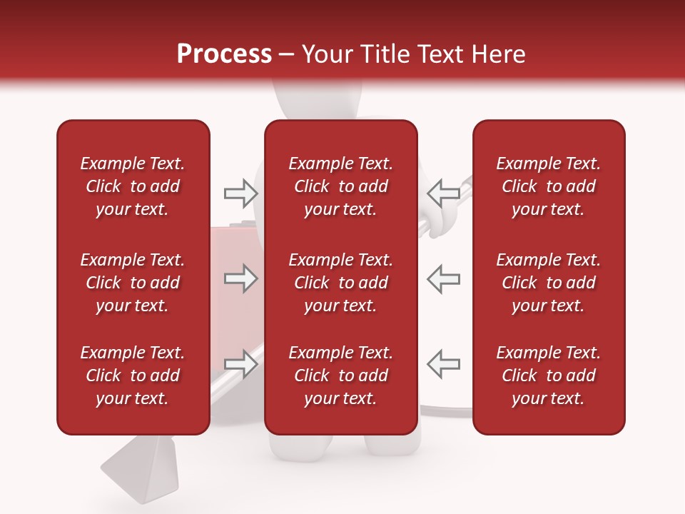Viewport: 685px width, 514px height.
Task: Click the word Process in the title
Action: tap(224, 54)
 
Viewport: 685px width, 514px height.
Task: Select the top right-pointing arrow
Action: tap(240, 193)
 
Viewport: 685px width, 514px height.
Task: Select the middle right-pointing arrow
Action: tap(240, 278)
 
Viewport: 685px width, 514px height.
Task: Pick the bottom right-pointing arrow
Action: tap(240, 364)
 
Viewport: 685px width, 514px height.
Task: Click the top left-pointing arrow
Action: tap(444, 193)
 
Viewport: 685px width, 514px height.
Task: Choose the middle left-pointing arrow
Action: tap(444, 278)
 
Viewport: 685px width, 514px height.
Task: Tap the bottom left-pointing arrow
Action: tap(444, 364)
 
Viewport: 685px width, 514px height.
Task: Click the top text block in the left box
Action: tap(133, 186)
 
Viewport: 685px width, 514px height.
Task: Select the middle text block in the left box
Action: tap(133, 283)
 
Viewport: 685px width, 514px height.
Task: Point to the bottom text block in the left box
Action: tap(133, 376)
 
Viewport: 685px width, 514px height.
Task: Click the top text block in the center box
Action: tap(341, 186)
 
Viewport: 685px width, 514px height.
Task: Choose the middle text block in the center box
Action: tap(341, 283)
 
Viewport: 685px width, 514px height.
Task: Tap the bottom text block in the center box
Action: tap(341, 376)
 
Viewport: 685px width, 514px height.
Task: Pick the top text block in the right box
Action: tap(549, 186)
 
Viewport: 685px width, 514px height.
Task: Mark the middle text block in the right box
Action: tap(549, 283)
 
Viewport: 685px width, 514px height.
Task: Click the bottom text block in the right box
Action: tap(549, 376)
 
